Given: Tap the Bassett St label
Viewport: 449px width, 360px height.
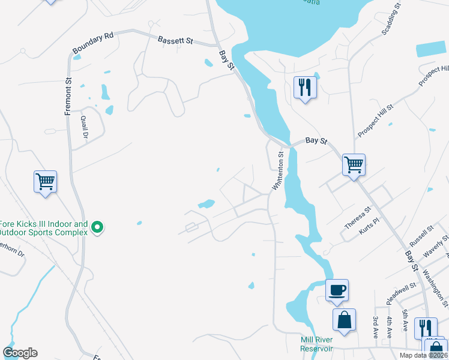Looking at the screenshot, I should coord(175,41).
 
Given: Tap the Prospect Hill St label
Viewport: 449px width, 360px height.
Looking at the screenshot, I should coord(375,119).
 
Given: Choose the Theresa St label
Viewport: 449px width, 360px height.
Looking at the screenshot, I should coord(358,217).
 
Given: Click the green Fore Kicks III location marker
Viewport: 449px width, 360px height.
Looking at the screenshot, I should coord(96,227).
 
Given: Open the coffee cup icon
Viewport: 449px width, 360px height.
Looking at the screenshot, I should coord(337,290).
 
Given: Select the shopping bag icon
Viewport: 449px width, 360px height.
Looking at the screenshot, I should coord(345,319).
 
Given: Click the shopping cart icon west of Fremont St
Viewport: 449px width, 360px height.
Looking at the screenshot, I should coord(46,181).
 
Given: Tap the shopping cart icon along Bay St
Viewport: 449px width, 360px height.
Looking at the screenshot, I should coord(354,164).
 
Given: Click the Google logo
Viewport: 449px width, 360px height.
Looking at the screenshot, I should coord(20,352).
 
